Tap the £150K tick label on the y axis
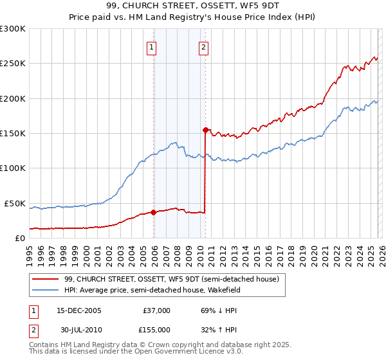click(13, 133)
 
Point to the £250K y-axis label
click(13, 64)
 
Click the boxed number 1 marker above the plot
click(151, 47)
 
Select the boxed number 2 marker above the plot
click(203, 47)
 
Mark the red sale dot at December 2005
click(154, 212)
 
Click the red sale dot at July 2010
click(205, 130)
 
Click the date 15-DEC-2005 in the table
click(79, 310)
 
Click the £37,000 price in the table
click(155, 310)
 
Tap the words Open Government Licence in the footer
click(174, 352)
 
